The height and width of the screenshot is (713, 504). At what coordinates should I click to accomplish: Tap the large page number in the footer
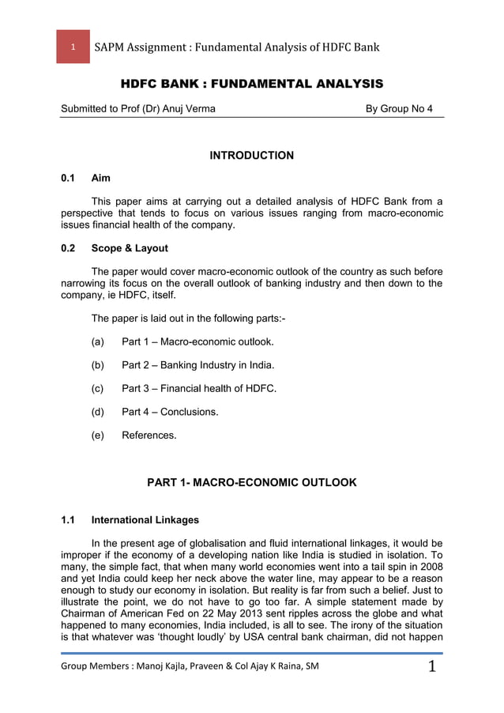click(x=432, y=668)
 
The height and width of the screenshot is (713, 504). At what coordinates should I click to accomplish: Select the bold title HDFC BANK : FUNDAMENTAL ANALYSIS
click(x=251, y=84)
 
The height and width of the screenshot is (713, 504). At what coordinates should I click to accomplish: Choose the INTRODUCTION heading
click(x=251, y=156)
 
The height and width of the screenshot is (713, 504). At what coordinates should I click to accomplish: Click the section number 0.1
click(x=70, y=179)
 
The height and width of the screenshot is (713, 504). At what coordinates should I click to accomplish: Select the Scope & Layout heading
click(x=130, y=248)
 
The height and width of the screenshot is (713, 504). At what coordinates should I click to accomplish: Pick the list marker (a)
click(x=98, y=341)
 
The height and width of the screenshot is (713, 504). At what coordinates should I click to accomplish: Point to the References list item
click(x=149, y=435)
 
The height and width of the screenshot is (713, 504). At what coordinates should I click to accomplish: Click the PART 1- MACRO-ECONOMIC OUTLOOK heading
click(x=252, y=482)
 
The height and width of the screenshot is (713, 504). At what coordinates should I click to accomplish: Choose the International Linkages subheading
click(x=145, y=520)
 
